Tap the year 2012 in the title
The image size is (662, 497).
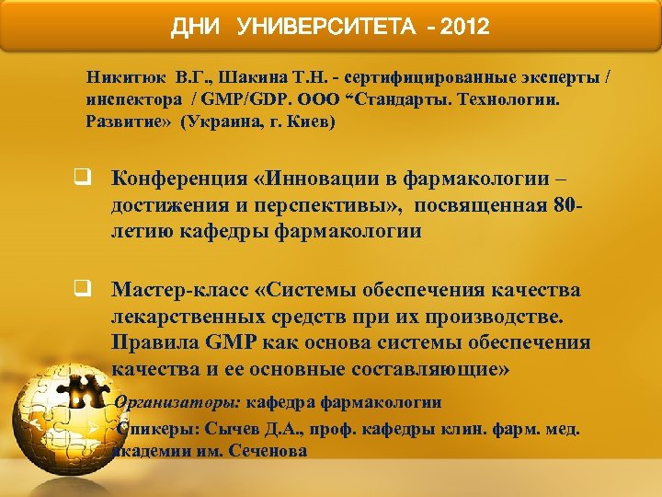click(465, 27)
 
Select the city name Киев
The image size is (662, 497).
click(309, 121)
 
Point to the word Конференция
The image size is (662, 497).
click(184, 179)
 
